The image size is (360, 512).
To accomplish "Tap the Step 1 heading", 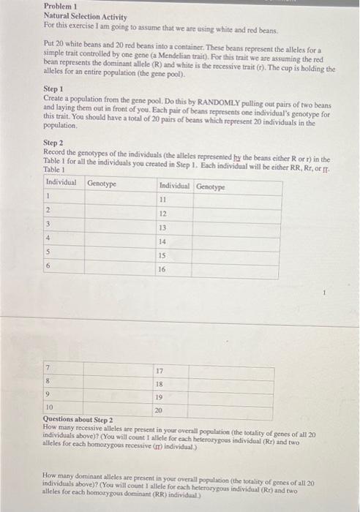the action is click(x=54, y=89).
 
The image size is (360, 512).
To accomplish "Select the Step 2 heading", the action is click(x=54, y=143).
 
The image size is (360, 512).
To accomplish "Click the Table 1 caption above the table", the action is click(x=55, y=169).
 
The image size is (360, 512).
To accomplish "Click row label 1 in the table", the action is click(x=48, y=196).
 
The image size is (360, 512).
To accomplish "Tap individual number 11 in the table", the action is click(x=163, y=197).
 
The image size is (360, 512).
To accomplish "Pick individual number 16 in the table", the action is click(x=163, y=269).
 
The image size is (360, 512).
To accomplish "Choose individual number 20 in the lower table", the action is click(x=158, y=410).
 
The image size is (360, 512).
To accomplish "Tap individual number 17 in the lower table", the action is click(x=158, y=370).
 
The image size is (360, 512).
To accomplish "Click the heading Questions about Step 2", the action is click(x=78, y=420).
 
